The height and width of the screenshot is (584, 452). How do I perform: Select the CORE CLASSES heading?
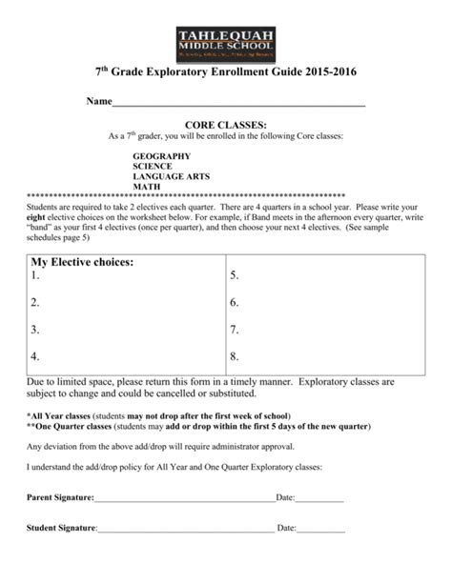tap(225, 125)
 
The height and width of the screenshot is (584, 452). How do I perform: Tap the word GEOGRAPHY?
tap(161, 155)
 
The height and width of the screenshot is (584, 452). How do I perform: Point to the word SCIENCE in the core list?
tap(153, 166)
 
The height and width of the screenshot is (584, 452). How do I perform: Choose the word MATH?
tap(146, 187)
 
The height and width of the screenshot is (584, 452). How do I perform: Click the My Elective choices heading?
tap(82, 261)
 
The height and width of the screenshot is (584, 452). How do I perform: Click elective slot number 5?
tap(235, 276)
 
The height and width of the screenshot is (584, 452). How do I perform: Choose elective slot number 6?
tap(235, 303)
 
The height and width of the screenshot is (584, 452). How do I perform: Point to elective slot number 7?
tap(235, 330)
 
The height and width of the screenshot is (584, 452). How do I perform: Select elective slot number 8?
tap(235, 356)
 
